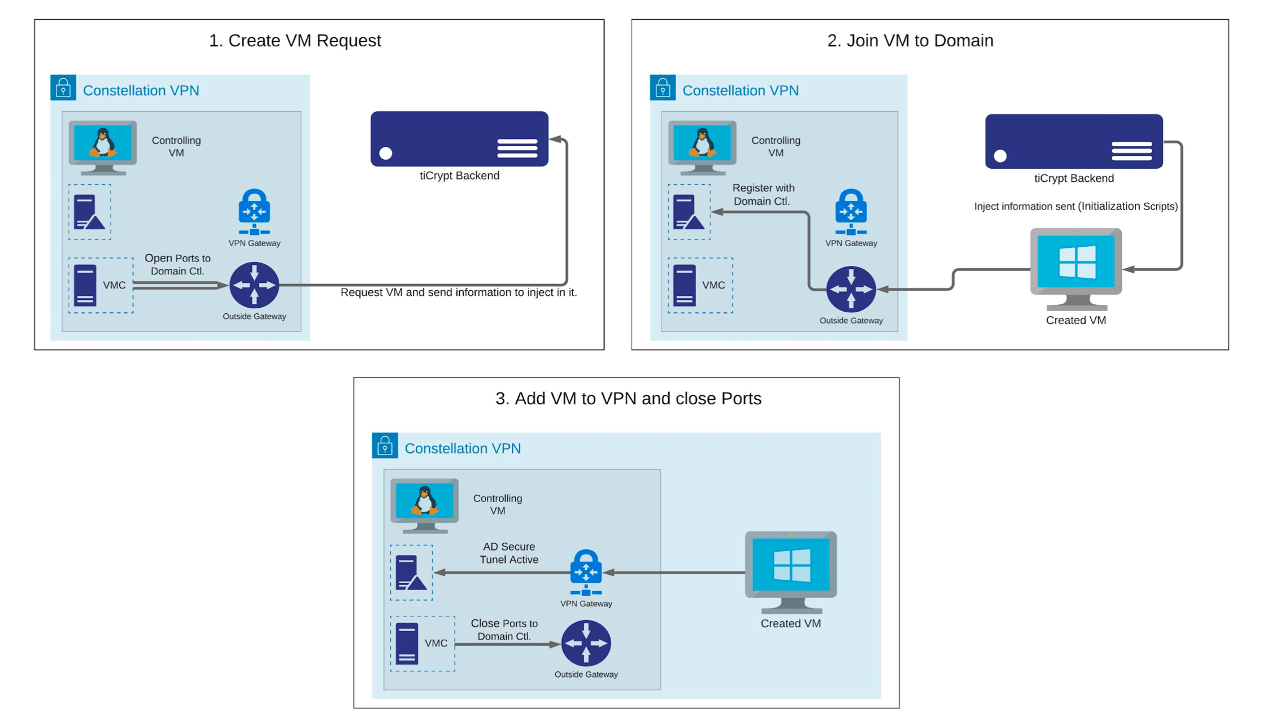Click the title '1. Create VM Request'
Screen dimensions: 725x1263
(295, 41)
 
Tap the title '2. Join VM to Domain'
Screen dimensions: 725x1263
(910, 41)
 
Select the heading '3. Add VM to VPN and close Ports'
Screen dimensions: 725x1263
(628, 399)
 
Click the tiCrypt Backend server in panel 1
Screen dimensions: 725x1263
(459, 139)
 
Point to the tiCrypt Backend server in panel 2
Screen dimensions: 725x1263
(1073, 142)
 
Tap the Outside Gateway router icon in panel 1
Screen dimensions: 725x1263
(254, 285)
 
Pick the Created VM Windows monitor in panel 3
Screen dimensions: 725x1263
(790, 571)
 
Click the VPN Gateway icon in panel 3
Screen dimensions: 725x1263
(586, 572)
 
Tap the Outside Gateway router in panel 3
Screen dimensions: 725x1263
(586, 643)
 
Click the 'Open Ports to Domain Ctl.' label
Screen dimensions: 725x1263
(177, 264)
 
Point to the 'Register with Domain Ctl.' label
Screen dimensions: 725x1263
(763, 194)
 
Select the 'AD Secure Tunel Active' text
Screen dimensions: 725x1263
(508, 553)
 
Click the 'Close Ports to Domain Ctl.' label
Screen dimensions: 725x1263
(504, 630)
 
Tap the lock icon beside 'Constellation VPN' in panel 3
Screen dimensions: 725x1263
(385, 446)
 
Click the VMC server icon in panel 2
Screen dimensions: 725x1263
(685, 285)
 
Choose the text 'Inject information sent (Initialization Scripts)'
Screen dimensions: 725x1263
(1075, 206)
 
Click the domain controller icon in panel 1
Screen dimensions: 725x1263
(89, 212)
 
